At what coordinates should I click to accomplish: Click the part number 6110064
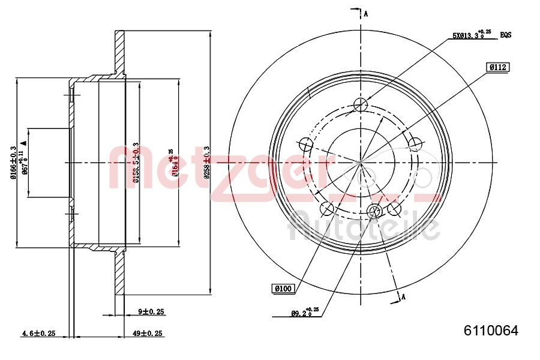coord(490,331)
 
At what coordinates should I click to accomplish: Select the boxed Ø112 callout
coord(498,68)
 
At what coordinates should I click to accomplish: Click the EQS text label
coord(506,35)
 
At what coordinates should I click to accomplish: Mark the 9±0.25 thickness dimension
coord(151,312)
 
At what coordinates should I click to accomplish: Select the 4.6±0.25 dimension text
coord(38,333)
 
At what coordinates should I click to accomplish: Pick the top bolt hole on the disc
coord(360,105)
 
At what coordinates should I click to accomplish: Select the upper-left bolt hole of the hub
coord(305,145)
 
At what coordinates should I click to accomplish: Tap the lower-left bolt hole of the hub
coord(327,209)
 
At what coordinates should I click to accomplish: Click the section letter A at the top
coord(366,14)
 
